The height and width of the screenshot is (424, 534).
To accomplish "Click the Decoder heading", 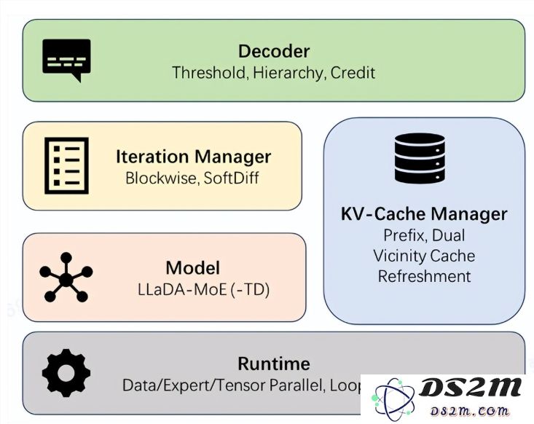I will pyautogui.click(x=274, y=52).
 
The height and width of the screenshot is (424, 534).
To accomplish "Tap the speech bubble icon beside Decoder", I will pyautogui.click(x=66, y=59).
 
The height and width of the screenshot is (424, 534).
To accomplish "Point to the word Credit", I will pyautogui.click(x=353, y=73).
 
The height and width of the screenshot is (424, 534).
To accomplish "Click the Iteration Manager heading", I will pyautogui.click(x=193, y=157).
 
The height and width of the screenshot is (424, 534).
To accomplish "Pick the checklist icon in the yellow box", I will pyautogui.click(x=66, y=165).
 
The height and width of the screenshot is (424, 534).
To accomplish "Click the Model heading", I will pyautogui.click(x=192, y=267).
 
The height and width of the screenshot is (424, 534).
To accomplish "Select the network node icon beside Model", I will pyautogui.click(x=66, y=278).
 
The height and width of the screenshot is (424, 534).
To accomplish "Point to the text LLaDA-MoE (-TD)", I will pyautogui.click(x=203, y=289).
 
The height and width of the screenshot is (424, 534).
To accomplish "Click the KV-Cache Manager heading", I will pyautogui.click(x=423, y=214).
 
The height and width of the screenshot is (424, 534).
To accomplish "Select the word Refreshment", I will pyautogui.click(x=423, y=276).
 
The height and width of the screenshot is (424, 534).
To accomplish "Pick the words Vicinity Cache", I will pyautogui.click(x=423, y=256).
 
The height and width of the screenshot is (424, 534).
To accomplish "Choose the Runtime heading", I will pyautogui.click(x=274, y=364).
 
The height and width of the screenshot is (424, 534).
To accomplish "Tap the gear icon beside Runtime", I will pyautogui.click(x=66, y=372).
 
